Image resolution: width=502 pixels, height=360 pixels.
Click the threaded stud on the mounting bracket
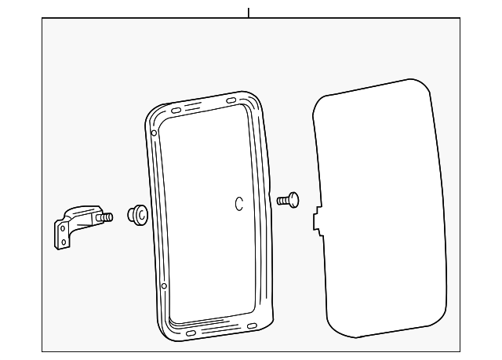point(107,216)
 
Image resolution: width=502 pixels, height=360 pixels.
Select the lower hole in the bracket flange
point(60,242)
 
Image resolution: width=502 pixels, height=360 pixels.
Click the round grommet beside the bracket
point(138,213)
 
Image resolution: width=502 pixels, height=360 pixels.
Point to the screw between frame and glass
point(288,199)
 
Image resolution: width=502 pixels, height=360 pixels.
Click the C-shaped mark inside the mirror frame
point(239,203)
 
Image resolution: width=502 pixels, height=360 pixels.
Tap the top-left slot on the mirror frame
point(176,111)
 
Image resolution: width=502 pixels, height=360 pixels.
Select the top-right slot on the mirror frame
point(232,101)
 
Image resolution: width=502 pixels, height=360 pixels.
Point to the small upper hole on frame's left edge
point(155,133)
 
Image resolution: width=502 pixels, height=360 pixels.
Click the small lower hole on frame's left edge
point(164,286)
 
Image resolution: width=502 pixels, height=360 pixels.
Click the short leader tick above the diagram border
point(249,12)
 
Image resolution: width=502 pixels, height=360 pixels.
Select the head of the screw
point(295,198)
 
